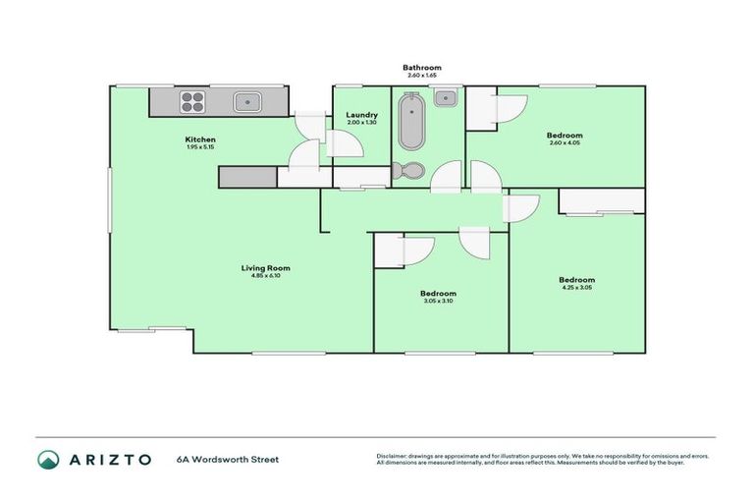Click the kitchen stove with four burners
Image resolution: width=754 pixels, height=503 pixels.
pyautogui.click(x=192, y=100)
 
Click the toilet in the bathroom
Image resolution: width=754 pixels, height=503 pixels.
pyautogui.click(x=407, y=171)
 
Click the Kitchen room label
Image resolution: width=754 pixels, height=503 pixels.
pyautogui.click(x=201, y=140)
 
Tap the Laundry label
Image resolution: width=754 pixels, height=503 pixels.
pyautogui.click(x=362, y=115)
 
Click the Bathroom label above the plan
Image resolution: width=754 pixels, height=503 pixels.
pyautogui.click(x=419, y=68)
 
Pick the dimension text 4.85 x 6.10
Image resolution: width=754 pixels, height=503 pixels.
pyautogui.click(x=266, y=276)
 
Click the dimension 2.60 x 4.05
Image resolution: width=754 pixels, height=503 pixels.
pyautogui.click(x=565, y=143)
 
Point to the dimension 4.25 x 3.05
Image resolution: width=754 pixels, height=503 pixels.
pyautogui.click(x=577, y=288)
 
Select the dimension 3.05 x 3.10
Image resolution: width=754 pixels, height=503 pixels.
pyautogui.click(x=439, y=302)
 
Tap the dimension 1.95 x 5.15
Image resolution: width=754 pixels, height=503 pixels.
pyautogui.click(x=201, y=147)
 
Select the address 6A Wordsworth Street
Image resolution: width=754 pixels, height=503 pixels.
pyautogui.click(x=228, y=459)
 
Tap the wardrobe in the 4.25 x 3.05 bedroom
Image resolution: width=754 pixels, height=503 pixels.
pyautogui.click(x=602, y=200)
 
